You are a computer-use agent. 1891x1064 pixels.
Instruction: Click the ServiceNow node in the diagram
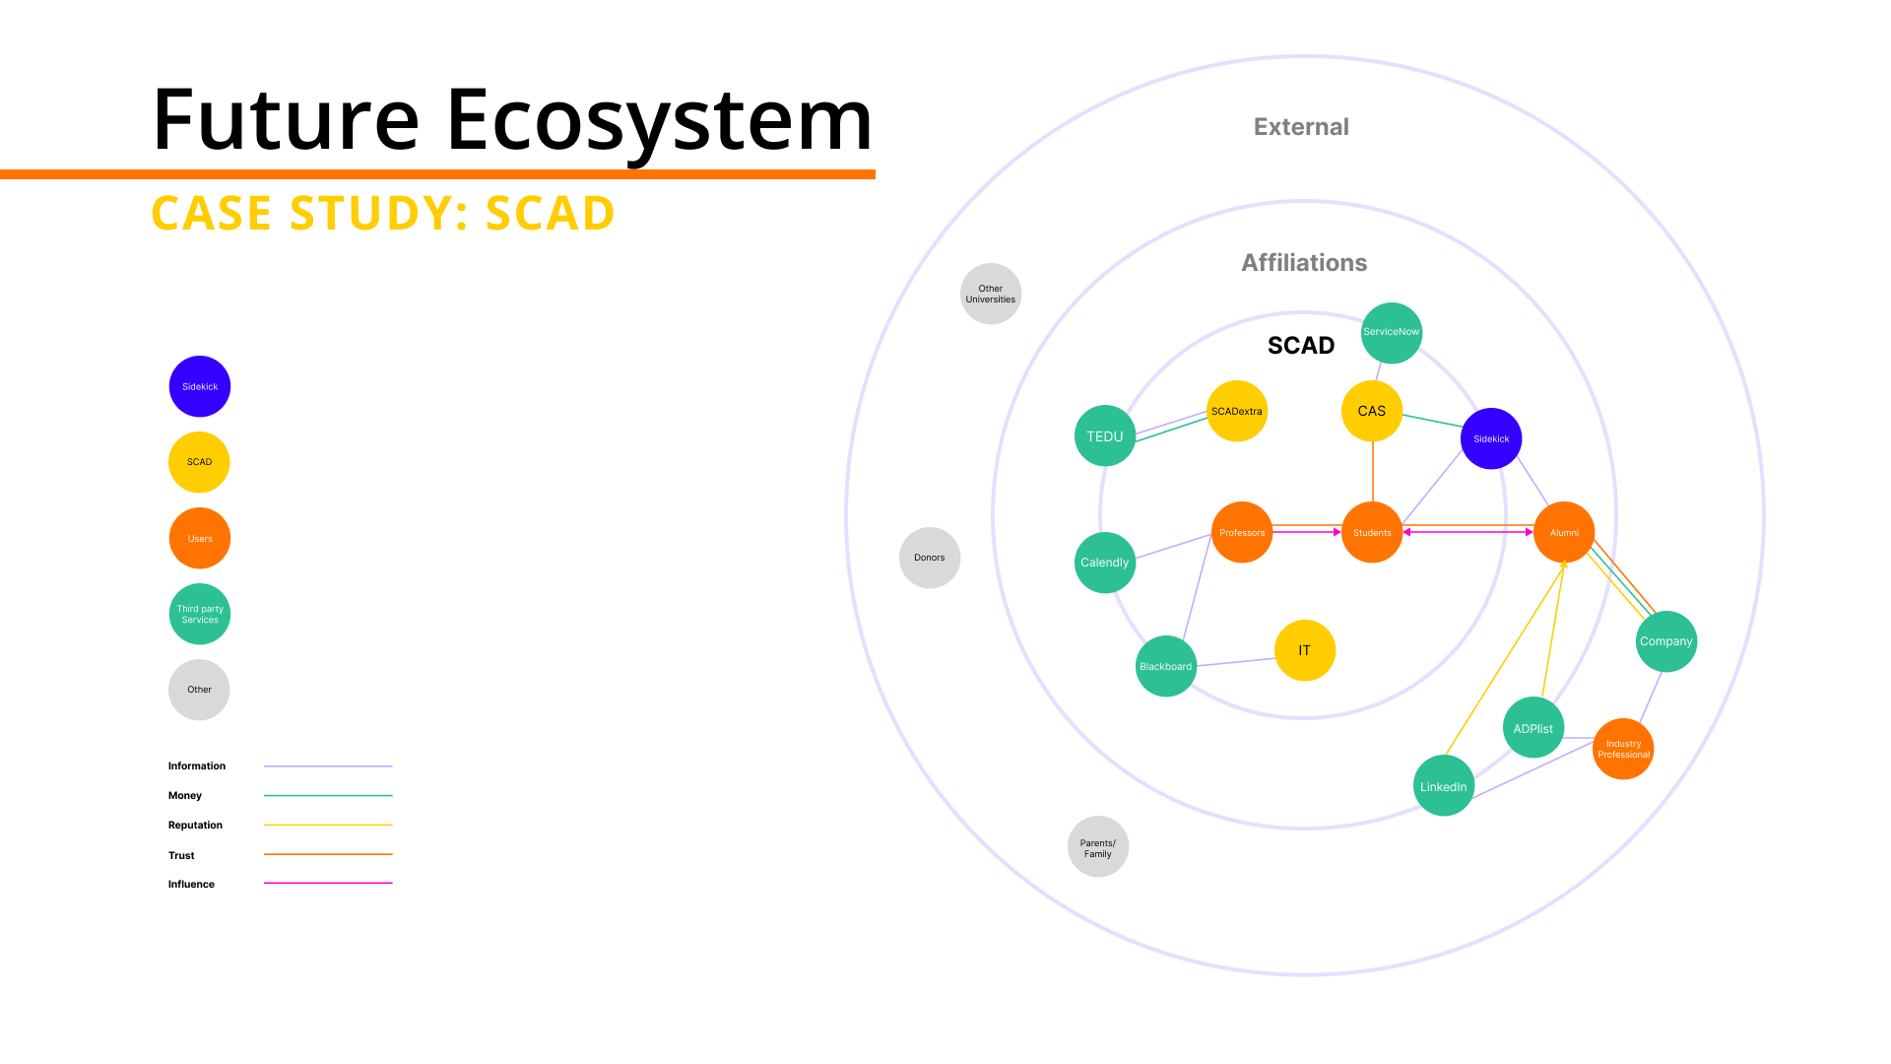click(x=1391, y=333)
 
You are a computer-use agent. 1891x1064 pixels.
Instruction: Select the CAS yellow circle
click(x=1372, y=411)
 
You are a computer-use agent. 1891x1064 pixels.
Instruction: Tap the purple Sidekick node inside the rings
click(x=1491, y=438)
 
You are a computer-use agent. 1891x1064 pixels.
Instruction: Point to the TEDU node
click(x=1105, y=435)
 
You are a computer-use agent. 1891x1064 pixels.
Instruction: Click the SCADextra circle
click(x=1237, y=411)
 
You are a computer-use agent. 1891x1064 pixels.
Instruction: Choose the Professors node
click(x=1242, y=532)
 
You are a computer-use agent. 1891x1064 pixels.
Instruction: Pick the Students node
click(x=1372, y=532)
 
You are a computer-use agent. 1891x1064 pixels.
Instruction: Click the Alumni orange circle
click(x=1564, y=532)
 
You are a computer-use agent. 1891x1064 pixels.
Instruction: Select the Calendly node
click(x=1105, y=563)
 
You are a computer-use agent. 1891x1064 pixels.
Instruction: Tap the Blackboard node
click(x=1166, y=666)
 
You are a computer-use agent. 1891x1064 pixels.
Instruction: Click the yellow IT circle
click(x=1305, y=650)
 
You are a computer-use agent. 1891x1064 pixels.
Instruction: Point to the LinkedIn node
click(x=1444, y=786)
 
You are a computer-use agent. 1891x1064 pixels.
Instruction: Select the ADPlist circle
click(x=1533, y=728)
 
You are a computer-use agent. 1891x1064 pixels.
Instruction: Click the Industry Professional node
click(x=1623, y=749)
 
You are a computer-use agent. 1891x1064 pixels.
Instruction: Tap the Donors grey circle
click(x=930, y=558)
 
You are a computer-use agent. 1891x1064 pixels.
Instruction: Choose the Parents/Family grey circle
click(x=1098, y=847)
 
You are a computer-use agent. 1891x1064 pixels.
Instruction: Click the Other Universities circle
click(x=991, y=294)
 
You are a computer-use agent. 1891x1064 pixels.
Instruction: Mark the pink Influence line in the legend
click(x=328, y=884)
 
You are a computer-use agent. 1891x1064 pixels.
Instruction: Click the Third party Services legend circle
click(x=200, y=614)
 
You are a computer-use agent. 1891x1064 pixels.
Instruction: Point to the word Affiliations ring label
click(x=1304, y=263)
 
